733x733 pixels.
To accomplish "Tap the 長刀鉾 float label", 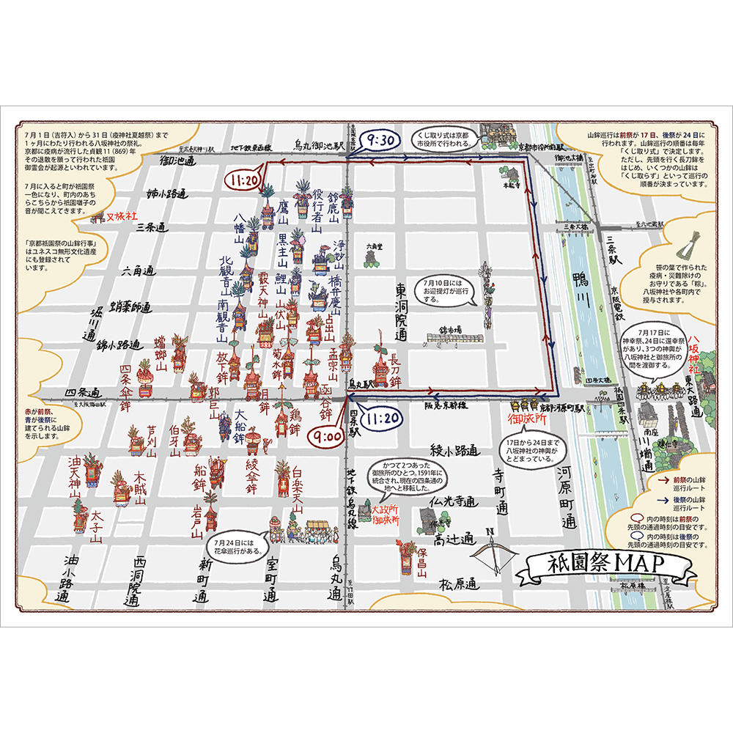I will pos(395,369).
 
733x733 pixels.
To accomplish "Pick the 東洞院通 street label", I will pos(401,312).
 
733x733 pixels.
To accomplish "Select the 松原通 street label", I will pos(458,584).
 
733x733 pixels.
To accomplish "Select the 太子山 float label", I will pos(97,527).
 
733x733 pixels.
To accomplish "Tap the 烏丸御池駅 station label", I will pos(319,145).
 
